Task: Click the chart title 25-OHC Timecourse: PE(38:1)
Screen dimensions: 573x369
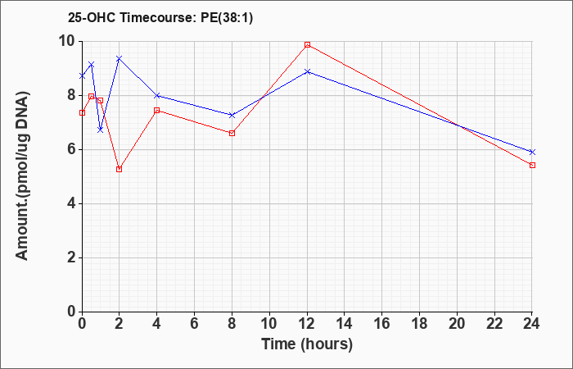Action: [160, 17]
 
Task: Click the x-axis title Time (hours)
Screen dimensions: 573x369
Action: [307, 344]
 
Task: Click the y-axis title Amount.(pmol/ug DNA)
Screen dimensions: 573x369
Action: [23, 176]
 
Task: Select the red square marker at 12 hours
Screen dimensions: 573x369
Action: [307, 44]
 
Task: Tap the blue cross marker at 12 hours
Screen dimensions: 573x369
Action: [307, 72]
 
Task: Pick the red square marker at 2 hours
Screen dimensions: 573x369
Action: [120, 169]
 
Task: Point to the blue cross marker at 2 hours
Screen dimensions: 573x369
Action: [120, 58]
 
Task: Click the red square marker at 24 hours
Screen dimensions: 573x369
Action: [532, 165]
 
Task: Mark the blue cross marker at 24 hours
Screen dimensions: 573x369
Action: [532, 152]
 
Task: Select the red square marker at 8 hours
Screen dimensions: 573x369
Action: [232, 133]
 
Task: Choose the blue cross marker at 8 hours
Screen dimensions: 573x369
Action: [232, 115]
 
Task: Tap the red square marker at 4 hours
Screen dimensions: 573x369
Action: [157, 110]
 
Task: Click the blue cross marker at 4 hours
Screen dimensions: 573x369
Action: [157, 96]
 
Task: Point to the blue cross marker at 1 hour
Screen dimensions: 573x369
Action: [101, 130]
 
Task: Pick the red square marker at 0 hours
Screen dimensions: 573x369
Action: [82, 113]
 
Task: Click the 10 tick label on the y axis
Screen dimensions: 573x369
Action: [70, 42]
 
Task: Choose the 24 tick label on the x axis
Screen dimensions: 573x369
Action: [531, 324]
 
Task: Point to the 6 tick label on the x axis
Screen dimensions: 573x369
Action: [195, 324]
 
